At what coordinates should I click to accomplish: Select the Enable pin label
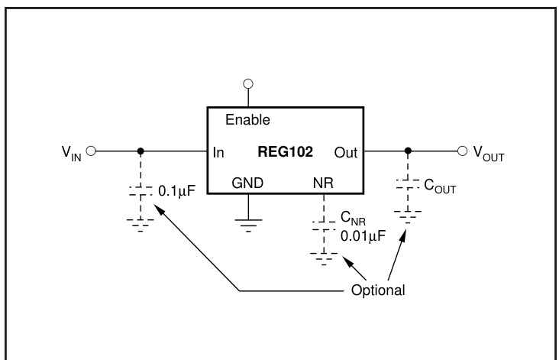(x=247, y=120)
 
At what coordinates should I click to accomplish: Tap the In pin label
(x=219, y=152)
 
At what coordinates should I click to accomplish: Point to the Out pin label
(x=346, y=152)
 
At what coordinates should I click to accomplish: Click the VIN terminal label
(x=69, y=152)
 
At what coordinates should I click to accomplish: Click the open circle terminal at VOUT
(x=461, y=151)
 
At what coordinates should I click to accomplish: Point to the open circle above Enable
(x=247, y=83)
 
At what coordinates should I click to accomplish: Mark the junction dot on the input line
(x=140, y=151)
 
